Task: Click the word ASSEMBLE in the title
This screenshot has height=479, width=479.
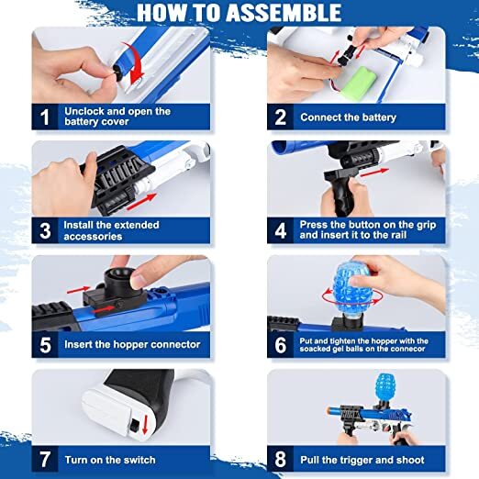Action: coord(284,13)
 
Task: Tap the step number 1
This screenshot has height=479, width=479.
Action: coord(45,117)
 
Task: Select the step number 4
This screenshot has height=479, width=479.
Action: coord(280,231)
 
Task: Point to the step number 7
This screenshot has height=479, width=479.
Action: coord(45,460)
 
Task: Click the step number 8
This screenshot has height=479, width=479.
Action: coord(280,460)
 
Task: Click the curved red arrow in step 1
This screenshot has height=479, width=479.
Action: coord(135,62)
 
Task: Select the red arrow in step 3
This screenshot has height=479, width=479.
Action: coord(141,202)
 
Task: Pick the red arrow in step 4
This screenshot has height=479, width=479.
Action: coord(374,173)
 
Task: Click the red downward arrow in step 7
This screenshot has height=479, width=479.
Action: coord(145,424)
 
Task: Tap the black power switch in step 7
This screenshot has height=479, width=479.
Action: coord(134,426)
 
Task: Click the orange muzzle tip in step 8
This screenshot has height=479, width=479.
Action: coord(329,410)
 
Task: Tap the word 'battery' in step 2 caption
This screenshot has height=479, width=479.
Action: coord(379,117)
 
